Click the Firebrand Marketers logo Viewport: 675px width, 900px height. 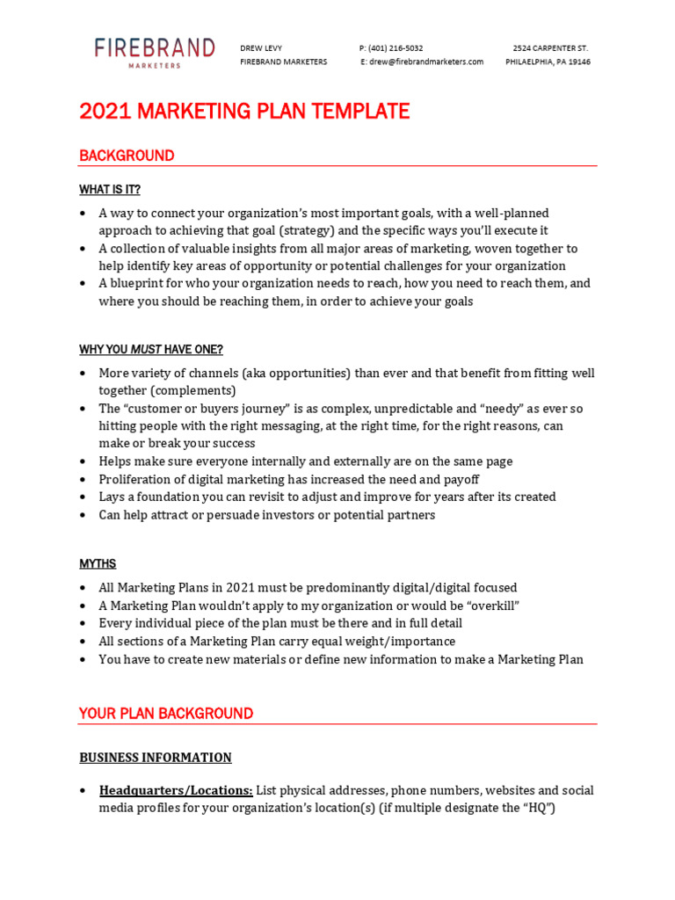[x=155, y=52]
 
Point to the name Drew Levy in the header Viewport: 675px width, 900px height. [x=261, y=48]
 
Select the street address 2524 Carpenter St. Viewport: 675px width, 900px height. [x=550, y=48]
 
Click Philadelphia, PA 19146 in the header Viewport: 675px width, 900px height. [x=548, y=62]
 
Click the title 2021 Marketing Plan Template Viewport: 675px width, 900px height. [x=244, y=112]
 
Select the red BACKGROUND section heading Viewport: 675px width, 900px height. [x=127, y=156]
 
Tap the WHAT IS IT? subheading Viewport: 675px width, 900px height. [x=110, y=190]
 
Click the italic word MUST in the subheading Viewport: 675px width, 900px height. [x=146, y=350]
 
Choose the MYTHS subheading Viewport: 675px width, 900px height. [x=98, y=564]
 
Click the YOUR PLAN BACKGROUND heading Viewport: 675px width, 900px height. [x=166, y=714]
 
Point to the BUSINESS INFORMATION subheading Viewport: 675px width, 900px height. [x=156, y=758]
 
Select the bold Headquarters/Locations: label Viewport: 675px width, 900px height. [x=176, y=791]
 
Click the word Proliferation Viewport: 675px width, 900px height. [x=136, y=480]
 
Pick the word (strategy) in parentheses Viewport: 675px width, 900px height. [x=308, y=230]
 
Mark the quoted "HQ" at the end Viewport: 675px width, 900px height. [x=538, y=809]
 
